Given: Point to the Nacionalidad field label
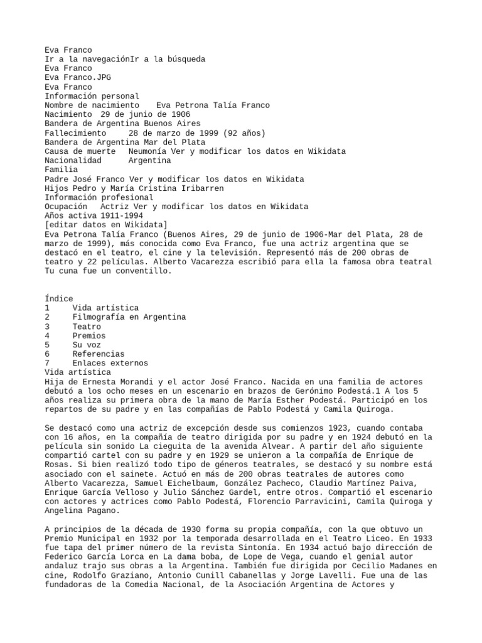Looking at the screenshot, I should (x=73, y=161).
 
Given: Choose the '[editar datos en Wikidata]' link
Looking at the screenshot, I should (x=106, y=225).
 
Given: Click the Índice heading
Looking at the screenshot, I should (x=59, y=299).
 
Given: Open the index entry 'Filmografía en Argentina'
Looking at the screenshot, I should (x=129, y=317).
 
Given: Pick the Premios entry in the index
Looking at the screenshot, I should (x=89, y=336).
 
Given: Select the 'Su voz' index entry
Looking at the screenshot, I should (x=87, y=345).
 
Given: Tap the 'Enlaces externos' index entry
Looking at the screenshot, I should (x=110, y=363).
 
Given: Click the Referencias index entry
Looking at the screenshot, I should (x=99, y=354).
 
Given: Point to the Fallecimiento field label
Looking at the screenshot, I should (x=75, y=133).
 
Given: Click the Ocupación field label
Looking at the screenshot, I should (x=66, y=207).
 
